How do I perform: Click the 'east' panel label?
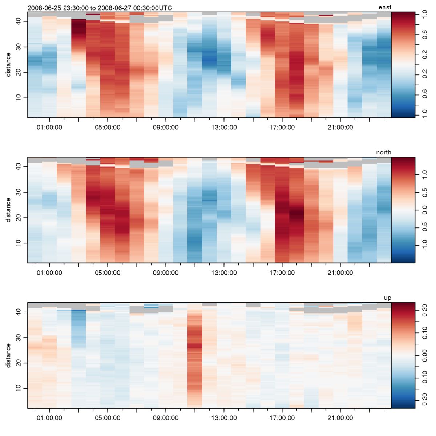pos(385,7)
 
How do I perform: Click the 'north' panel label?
pos(384,152)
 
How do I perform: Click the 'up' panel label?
pos(387,298)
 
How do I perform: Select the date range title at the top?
pos(100,8)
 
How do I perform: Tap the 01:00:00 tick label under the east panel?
pos(49,128)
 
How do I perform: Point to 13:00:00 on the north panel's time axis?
pos(224,273)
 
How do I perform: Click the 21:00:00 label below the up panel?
pos(340,418)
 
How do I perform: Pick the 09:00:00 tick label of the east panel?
pos(166,128)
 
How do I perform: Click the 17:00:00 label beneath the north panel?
pos(282,273)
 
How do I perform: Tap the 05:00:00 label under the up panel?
pos(108,418)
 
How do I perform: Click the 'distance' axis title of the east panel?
pos(8,65)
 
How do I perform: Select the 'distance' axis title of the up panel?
pos(8,355)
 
